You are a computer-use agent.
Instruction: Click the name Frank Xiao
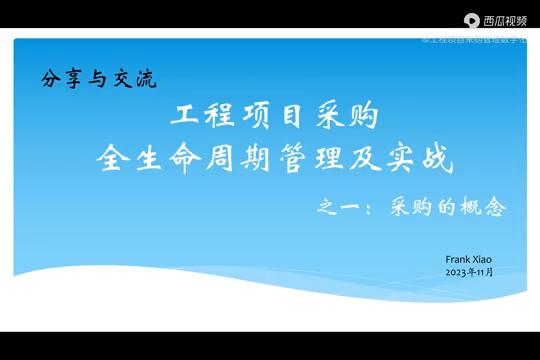coord(467,260)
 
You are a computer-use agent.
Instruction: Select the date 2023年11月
coord(470,272)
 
